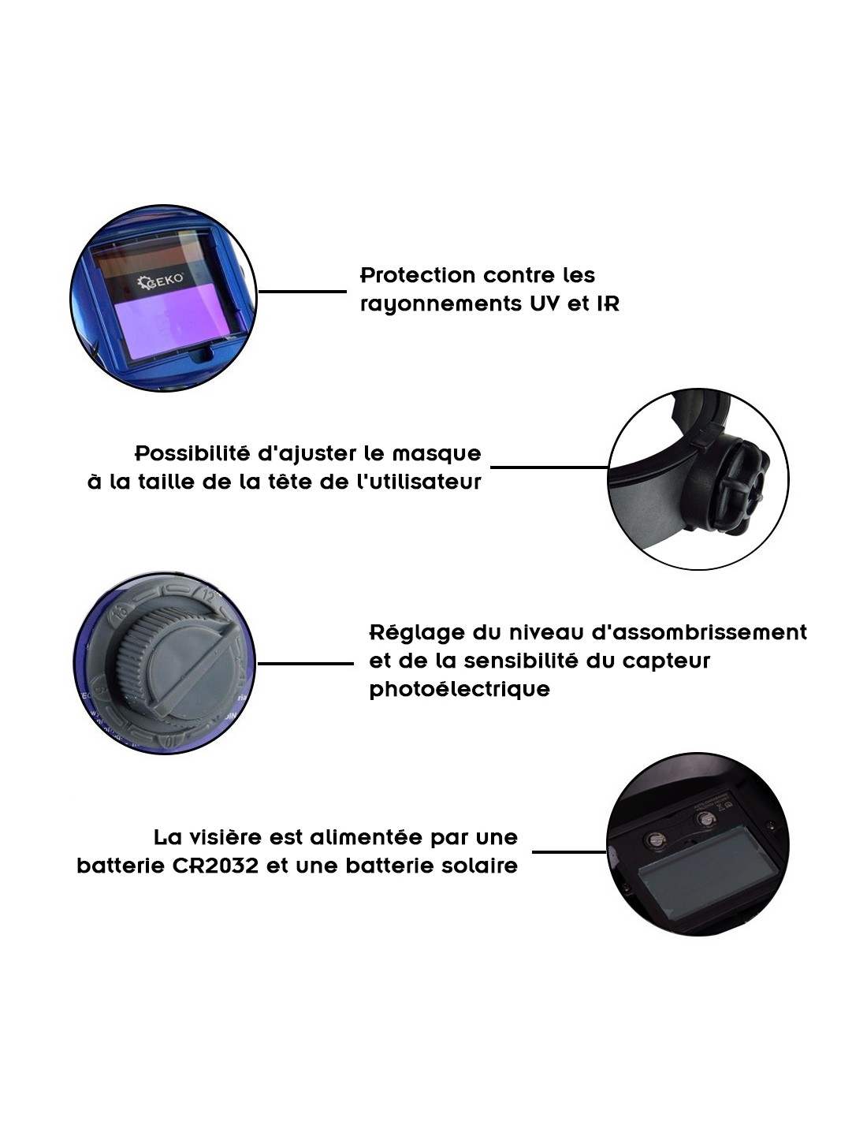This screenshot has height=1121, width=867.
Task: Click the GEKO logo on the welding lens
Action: pyautogui.click(x=162, y=281)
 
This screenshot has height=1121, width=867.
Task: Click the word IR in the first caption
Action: pyautogui.click(x=608, y=304)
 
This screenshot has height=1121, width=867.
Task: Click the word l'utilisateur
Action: pyautogui.click(x=419, y=482)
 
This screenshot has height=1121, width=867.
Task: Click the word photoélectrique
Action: pyautogui.click(x=460, y=690)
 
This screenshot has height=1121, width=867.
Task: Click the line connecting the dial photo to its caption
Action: pyautogui.click(x=305, y=664)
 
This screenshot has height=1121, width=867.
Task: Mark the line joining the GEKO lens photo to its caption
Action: pyautogui.click(x=302, y=292)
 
